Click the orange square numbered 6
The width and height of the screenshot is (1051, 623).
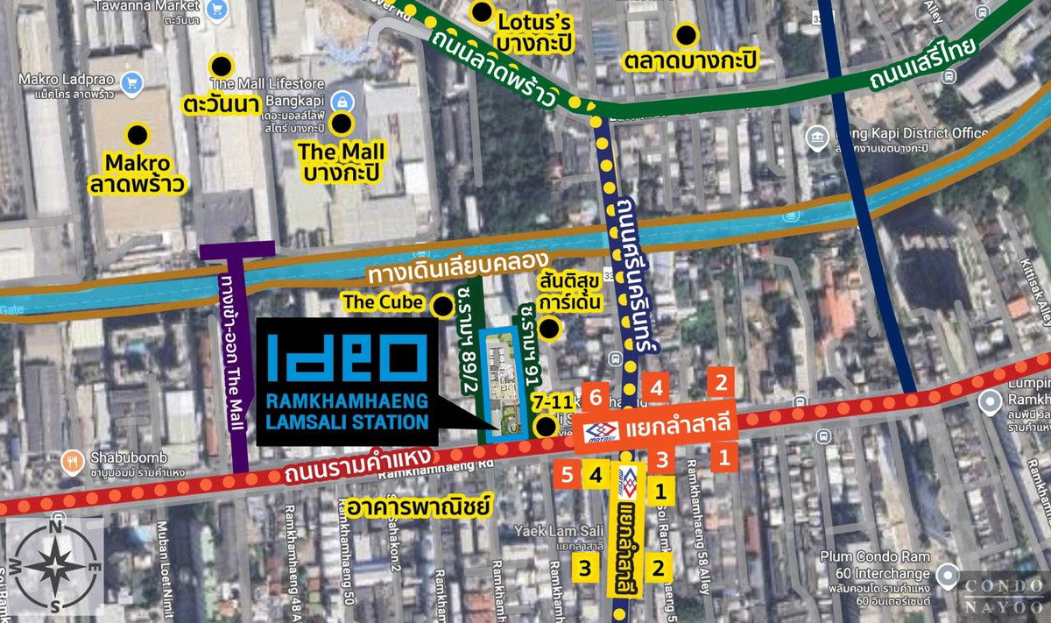[x=595, y=396]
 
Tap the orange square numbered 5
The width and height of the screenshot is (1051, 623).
[x=567, y=476]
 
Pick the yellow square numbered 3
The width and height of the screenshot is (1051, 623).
[x=587, y=567]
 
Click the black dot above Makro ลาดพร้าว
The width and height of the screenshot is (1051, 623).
[x=138, y=135]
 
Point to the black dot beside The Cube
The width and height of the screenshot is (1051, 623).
[x=444, y=306]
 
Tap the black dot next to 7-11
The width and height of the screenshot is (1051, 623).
[x=547, y=427]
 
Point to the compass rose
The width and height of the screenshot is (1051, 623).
[x=54, y=567]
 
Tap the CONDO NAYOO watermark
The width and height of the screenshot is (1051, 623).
[x=1005, y=596]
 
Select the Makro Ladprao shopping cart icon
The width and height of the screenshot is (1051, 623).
[x=133, y=81]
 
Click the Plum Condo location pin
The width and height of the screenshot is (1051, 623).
[x=947, y=576]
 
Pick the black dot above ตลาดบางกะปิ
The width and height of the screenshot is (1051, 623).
[x=687, y=35]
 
